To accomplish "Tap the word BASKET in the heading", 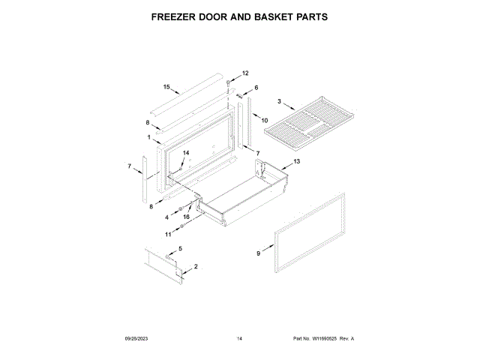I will coord(276,16).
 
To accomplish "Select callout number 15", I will coord(166,86).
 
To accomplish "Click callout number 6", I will coord(256,88).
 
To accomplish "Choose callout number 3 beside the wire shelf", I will coord(279,101).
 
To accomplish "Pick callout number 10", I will coord(265,119).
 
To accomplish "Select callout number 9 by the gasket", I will coord(259,253).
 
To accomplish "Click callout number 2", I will coord(196,267).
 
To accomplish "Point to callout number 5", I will coord(179,248).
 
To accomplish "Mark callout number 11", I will coord(168,234).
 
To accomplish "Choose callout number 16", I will coord(186,217).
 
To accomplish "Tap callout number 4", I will coord(168,217).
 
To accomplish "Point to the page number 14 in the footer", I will coord(239,339).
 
